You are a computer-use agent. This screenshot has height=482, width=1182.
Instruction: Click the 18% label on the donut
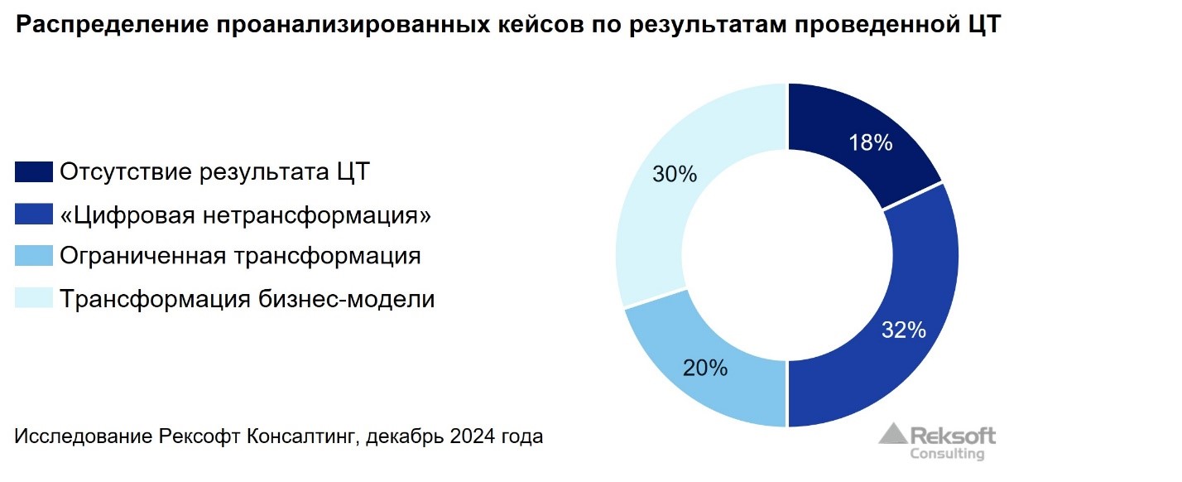pos(870,142)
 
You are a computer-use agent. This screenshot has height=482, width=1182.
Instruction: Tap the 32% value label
pos(903,330)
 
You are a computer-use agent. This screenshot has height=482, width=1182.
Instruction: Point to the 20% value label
pos(705,368)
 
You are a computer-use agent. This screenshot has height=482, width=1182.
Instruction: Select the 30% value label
pos(675,175)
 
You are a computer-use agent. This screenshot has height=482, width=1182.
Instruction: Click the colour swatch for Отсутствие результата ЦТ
pos(34,172)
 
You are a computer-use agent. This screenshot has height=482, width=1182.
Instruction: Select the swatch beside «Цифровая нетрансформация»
pos(34,214)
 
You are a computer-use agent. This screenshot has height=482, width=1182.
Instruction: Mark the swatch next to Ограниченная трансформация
pos(34,255)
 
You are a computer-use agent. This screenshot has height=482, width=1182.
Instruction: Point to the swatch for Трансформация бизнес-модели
pos(34,297)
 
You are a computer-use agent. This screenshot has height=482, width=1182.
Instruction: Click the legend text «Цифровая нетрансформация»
pos(246,215)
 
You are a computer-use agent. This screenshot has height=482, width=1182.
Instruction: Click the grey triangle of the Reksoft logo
pos(892,435)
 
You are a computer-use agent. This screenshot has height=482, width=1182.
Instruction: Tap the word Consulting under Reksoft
pos(947,454)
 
